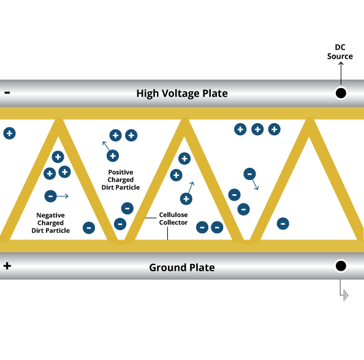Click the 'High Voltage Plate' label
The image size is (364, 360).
click(182, 94)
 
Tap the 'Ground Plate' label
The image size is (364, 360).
click(182, 268)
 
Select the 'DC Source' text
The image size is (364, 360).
click(340, 51)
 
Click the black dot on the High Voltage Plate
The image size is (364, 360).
click(341, 93)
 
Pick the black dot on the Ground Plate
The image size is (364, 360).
click(341, 266)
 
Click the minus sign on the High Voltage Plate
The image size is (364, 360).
click(7, 93)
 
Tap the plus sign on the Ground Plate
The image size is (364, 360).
click(7, 266)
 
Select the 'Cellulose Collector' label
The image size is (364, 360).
click(173, 219)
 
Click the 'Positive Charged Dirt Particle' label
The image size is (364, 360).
click(121, 180)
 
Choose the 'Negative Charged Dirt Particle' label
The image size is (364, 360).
click(51, 223)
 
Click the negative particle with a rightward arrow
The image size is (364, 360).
click(50, 197)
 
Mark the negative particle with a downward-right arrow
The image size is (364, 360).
click(249, 174)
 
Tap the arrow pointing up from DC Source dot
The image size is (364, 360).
click(341, 73)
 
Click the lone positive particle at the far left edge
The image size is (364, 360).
click(10, 133)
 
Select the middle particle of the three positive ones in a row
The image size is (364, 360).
click(257, 129)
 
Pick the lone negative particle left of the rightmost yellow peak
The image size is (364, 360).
click(283, 223)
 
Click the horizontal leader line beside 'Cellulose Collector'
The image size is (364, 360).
click(151, 218)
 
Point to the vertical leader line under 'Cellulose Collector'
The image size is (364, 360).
click(168, 233)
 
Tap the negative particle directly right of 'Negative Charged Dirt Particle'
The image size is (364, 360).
click(89, 228)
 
